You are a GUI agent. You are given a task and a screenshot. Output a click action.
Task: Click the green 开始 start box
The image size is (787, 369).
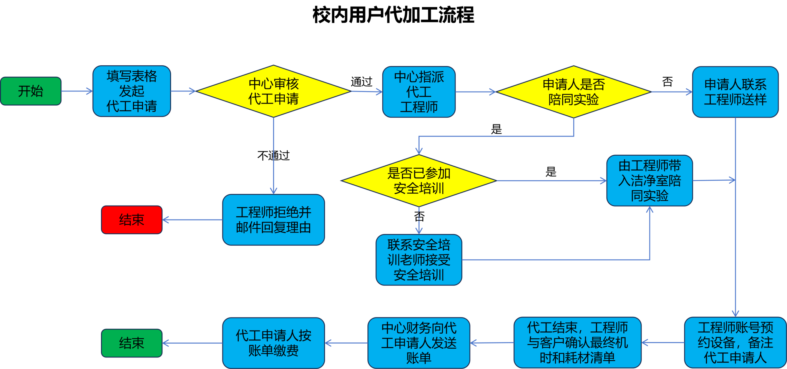[x=31, y=91]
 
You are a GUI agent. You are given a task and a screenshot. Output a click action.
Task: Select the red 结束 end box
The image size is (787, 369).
[x=131, y=220]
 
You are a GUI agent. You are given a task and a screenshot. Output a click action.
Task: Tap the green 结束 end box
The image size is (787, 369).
[x=131, y=343]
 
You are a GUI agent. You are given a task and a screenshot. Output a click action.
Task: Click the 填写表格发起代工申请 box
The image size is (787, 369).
[x=131, y=91]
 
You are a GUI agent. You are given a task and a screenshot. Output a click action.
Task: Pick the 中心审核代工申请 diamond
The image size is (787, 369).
[x=273, y=91]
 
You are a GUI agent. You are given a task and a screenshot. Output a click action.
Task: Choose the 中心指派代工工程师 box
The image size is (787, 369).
[x=419, y=92]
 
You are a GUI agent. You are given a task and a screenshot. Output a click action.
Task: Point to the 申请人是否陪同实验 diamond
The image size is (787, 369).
[x=573, y=92]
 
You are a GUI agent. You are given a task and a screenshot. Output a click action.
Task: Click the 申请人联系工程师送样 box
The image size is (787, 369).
[x=735, y=92]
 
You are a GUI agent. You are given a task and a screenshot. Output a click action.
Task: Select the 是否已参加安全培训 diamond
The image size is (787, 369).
[x=418, y=181]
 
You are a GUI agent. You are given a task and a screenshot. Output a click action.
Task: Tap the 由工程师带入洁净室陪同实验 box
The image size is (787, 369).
[x=649, y=181]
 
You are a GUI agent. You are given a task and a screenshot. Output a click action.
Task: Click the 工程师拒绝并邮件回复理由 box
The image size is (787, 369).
[x=273, y=220]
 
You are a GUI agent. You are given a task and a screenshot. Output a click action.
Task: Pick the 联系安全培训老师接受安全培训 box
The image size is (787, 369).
[x=418, y=260]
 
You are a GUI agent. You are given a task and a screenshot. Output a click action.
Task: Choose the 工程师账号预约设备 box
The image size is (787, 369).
[x=735, y=342]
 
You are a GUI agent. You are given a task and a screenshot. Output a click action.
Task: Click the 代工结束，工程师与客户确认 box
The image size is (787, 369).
[x=577, y=342]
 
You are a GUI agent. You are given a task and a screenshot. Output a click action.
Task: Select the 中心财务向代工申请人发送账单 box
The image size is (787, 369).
[x=418, y=343]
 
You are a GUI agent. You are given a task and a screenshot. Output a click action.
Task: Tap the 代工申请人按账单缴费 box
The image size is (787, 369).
[x=273, y=343]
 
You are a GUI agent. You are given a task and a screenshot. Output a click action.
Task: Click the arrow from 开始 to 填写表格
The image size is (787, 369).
[x=77, y=91]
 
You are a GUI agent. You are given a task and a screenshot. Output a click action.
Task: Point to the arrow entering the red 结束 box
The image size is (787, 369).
[x=192, y=220]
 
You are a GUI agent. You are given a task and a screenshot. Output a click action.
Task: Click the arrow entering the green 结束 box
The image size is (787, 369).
[x=192, y=343]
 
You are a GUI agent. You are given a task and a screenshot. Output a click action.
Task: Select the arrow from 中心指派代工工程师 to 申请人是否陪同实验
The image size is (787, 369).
[x=476, y=92]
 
